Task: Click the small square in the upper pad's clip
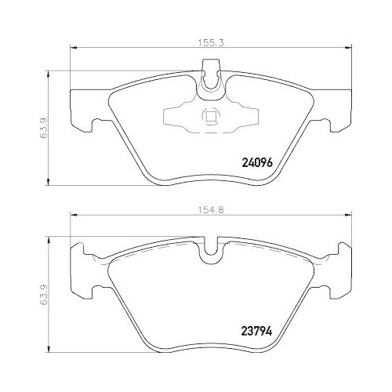pos(209,118)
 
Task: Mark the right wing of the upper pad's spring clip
pos(245,118)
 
